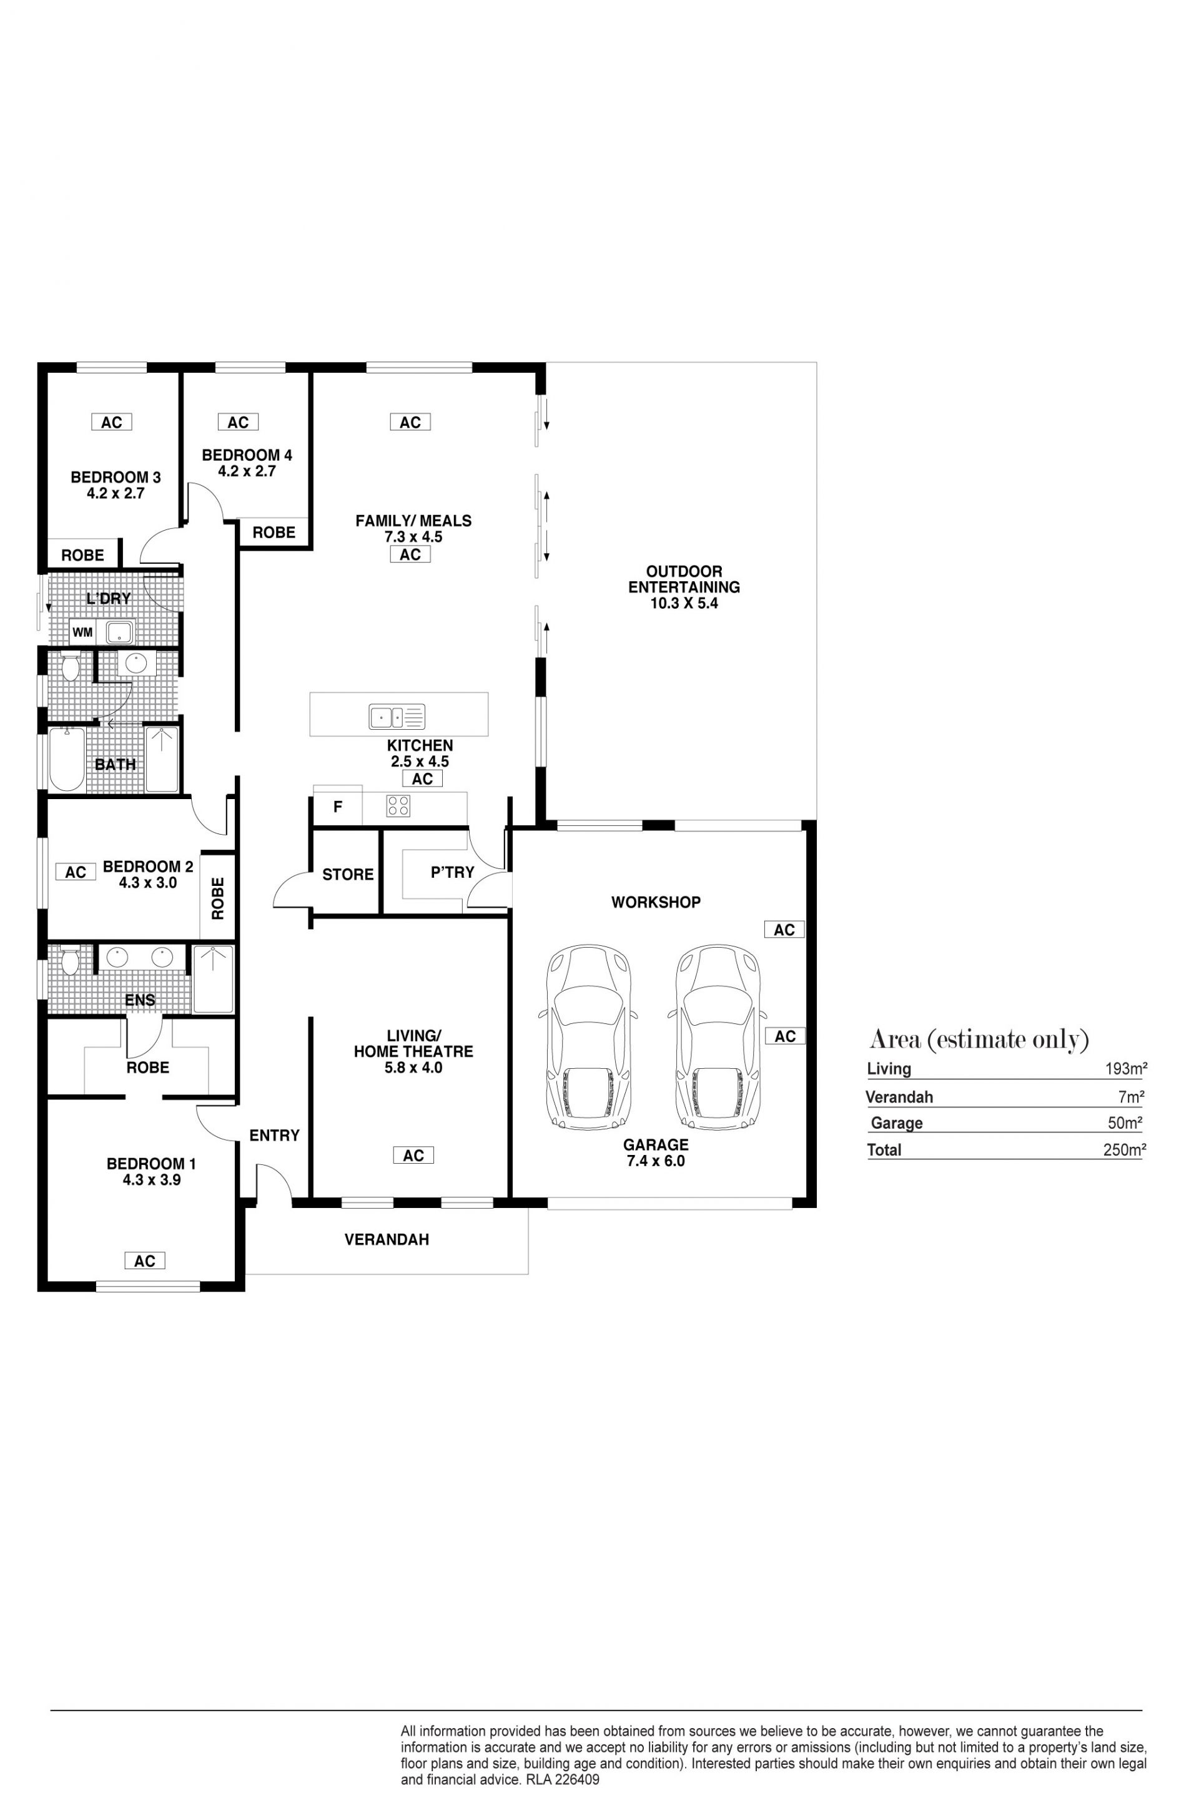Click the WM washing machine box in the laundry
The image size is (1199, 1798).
point(82,632)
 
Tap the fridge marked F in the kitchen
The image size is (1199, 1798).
point(337,807)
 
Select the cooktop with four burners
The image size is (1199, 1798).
point(398,806)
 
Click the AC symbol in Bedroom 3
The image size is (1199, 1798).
point(112,422)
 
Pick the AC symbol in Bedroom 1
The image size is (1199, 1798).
point(144,1260)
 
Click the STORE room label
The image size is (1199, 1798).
point(348,875)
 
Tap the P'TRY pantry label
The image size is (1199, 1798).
point(453,872)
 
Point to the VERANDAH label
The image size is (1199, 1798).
point(387,1239)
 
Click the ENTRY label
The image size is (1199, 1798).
point(275,1135)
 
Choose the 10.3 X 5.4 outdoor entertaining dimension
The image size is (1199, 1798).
point(684,603)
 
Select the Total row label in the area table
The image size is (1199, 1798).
point(884,1150)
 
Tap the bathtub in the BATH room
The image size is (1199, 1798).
point(67,759)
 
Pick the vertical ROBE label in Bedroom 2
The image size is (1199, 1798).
point(218,898)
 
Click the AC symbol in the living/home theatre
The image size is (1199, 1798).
point(413,1155)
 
